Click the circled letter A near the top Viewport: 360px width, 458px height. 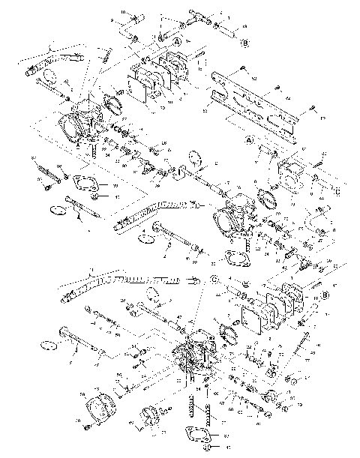click(178, 43)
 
